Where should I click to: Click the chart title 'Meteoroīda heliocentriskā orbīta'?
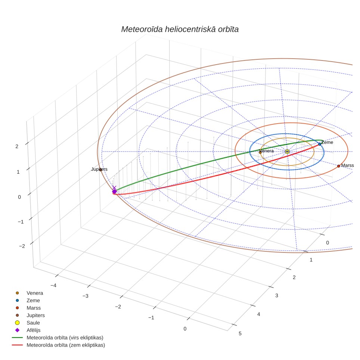180,29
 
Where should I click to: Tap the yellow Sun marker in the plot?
287,152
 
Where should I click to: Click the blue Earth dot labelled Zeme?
320,144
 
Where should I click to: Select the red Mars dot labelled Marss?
338,166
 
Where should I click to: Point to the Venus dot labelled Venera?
260,152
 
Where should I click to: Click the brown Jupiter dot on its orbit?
100,170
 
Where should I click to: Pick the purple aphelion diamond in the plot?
114,192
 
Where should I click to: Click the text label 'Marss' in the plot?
347,165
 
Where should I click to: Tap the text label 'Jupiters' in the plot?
99,169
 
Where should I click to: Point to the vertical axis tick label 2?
17,146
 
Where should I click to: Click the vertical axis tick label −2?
22,246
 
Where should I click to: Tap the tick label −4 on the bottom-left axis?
53,285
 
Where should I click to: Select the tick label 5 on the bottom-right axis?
240,333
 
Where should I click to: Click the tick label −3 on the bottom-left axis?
86,296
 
